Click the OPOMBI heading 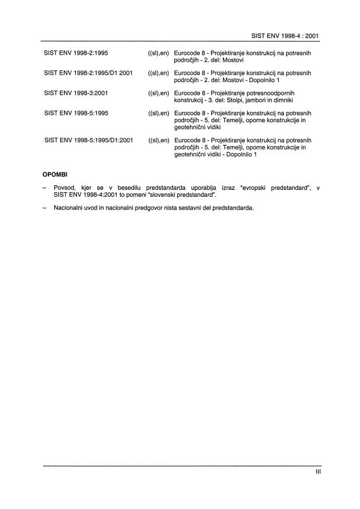55,174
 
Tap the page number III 317,473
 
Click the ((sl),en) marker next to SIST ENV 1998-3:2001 158,93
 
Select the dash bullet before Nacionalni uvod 45,207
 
